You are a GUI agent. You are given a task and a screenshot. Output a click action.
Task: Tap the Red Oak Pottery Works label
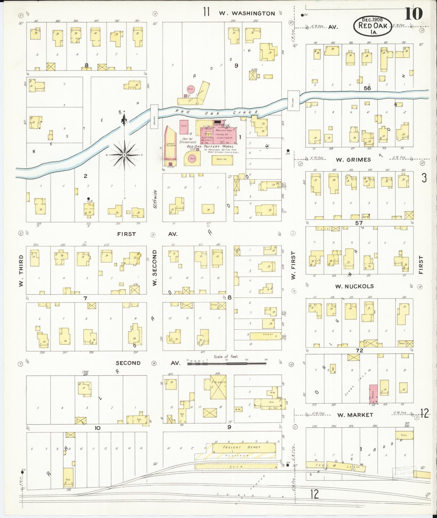pos(210,146)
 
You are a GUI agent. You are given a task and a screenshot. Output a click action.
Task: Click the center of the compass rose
pos(124,155)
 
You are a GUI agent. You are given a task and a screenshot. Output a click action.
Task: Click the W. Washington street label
pos(247,13)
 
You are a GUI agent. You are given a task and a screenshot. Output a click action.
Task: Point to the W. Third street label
pos(21,271)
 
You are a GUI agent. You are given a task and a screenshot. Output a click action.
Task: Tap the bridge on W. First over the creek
pos(294,100)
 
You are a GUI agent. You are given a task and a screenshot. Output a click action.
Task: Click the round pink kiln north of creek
pos(191,89)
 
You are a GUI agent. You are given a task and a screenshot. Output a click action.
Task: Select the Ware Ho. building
pos(221,159)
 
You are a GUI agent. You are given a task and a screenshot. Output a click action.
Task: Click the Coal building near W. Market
pos(404,435)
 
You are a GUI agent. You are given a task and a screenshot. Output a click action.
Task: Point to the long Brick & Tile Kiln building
pos(170,146)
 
